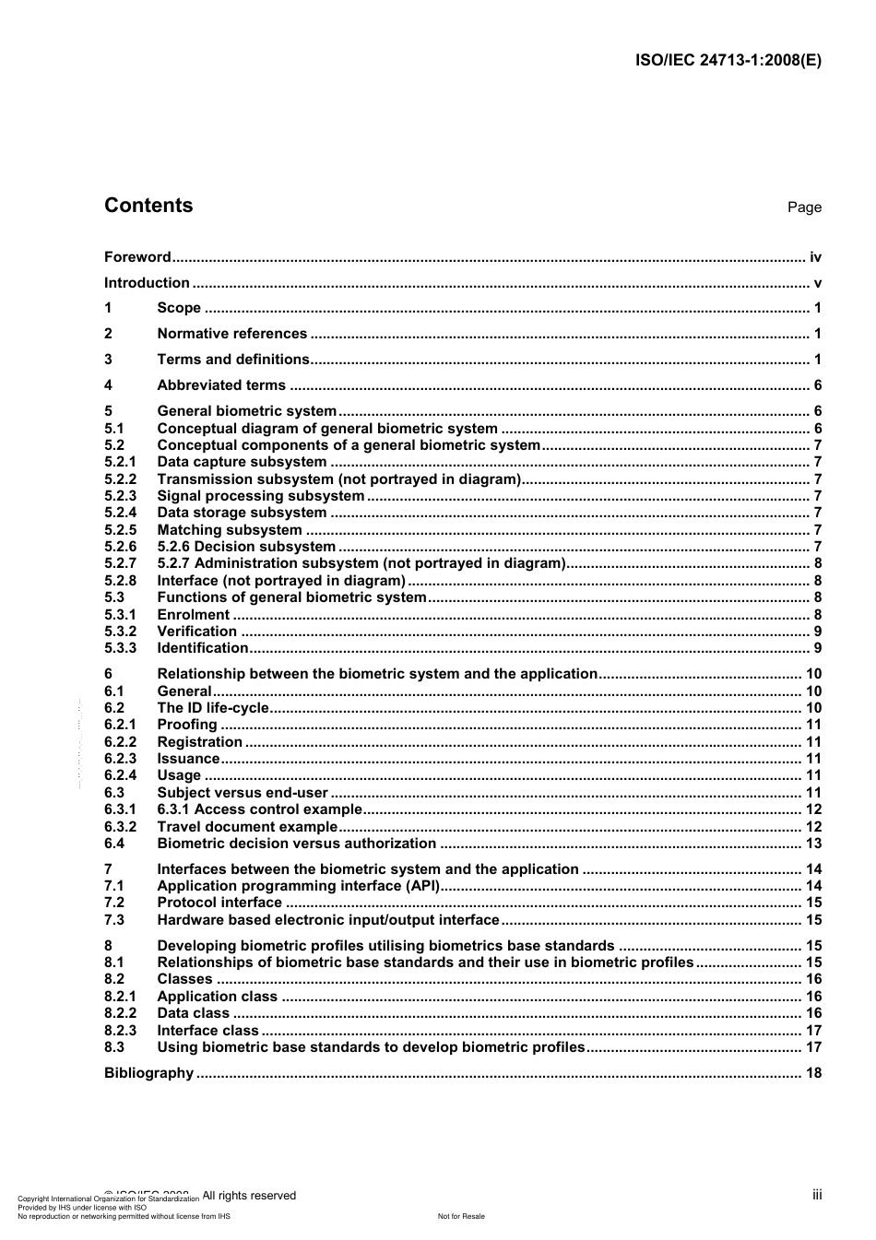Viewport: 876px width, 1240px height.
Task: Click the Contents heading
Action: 148,206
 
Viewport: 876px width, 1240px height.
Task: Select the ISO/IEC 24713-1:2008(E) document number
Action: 728,61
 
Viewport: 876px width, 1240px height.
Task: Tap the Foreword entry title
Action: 137,257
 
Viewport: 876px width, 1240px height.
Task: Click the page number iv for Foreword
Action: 815,257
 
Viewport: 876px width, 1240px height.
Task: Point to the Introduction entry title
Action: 147,283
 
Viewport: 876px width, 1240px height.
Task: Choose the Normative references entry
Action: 231,334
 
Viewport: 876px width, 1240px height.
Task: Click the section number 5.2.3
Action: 120,496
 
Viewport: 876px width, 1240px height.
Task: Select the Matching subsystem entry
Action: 229,530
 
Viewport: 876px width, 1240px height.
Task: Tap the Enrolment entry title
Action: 193,615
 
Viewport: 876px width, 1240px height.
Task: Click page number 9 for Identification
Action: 817,648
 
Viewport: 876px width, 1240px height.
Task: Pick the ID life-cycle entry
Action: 213,708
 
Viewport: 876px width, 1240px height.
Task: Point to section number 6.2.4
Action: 120,775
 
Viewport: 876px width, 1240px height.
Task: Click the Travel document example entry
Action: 247,827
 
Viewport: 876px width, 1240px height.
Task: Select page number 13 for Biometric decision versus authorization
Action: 813,844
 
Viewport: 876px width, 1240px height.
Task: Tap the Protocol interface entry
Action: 219,903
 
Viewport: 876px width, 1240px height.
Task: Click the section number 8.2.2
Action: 120,1013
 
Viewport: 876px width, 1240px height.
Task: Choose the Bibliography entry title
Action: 148,1073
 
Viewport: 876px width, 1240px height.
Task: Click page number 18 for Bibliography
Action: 813,1073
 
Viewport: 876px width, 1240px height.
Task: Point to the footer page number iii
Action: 817,1195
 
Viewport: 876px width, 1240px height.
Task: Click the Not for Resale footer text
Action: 460,1216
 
